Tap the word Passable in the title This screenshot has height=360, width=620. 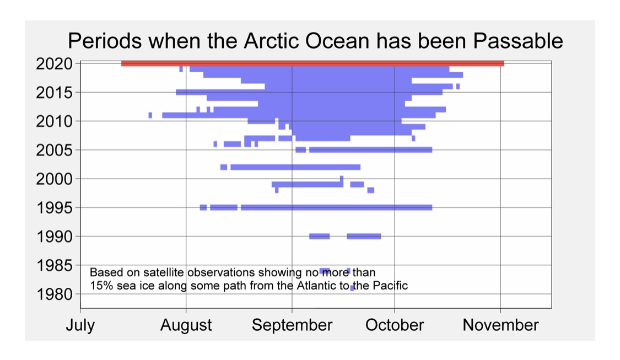click(x=518, y=41)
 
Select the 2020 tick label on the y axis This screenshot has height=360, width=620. click(x=55, y=64)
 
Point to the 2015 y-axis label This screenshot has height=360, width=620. click(x=55, y=93)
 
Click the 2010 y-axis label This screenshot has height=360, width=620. click(x=55, y=121)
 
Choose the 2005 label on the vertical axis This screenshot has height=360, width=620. click(x=55, y=151)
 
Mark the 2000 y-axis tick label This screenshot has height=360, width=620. click(x=55, y=179)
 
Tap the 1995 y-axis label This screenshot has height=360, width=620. click(x=55, y=208)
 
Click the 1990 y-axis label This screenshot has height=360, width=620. click(x=55, y=237)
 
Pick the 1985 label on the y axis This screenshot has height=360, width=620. click(x=55, y=265)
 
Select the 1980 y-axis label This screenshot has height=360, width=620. click(x=55, y=294)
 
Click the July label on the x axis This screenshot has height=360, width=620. click(x=80, y=326)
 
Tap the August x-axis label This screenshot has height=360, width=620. click(x=186, y=325)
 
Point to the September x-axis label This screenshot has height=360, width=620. click(x=292, y=325)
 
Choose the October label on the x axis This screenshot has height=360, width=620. click(x=395, y=325)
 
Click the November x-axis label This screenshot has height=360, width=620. click(x=500, y=325)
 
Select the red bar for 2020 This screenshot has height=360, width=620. click(x=313, y=63)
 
